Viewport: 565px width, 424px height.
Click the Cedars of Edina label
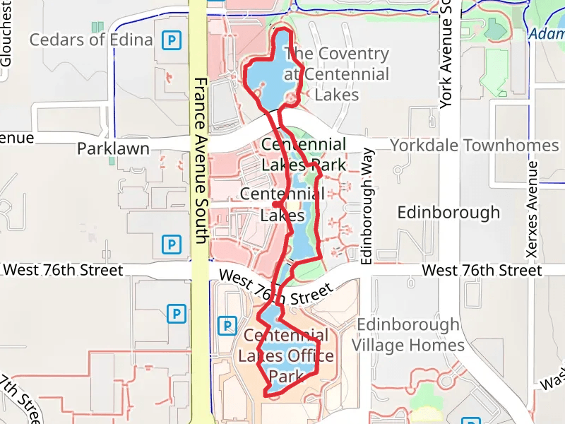(x=91, y=40)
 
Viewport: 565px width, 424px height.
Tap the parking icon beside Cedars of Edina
(x=171, y=40)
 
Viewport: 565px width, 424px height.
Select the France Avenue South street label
(x=200, y=160)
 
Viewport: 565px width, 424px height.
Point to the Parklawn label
(x=114, y=148)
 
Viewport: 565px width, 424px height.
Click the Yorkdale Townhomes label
(x=475, y=146)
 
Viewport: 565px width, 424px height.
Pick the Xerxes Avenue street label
(x=533, y=208)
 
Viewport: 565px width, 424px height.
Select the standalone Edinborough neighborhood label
(x=448, y=212)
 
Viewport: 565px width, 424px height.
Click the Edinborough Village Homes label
(x=408, y=335)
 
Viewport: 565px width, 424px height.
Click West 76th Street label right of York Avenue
(x=482, y=270)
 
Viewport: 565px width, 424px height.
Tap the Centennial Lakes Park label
(x=304, y=155)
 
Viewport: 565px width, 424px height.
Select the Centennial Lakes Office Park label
(x=285, y=355)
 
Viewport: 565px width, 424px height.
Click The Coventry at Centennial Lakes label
(x=336, y=73)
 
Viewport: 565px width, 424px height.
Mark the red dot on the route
(x=275, y=204)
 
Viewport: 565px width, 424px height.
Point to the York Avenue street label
(x=445, y=53)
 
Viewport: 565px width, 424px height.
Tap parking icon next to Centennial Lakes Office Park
(x=227, y=326)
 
